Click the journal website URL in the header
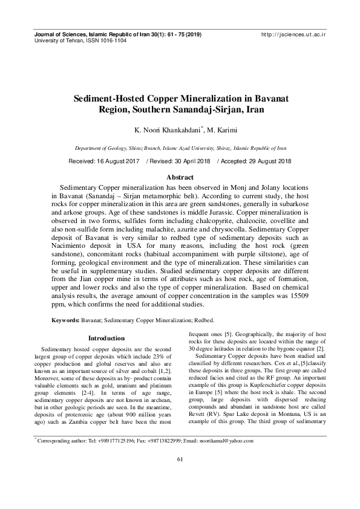click(x=292, y=36)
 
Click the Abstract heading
click(x=180, y=177)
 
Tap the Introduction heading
click(x=106, y=338)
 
